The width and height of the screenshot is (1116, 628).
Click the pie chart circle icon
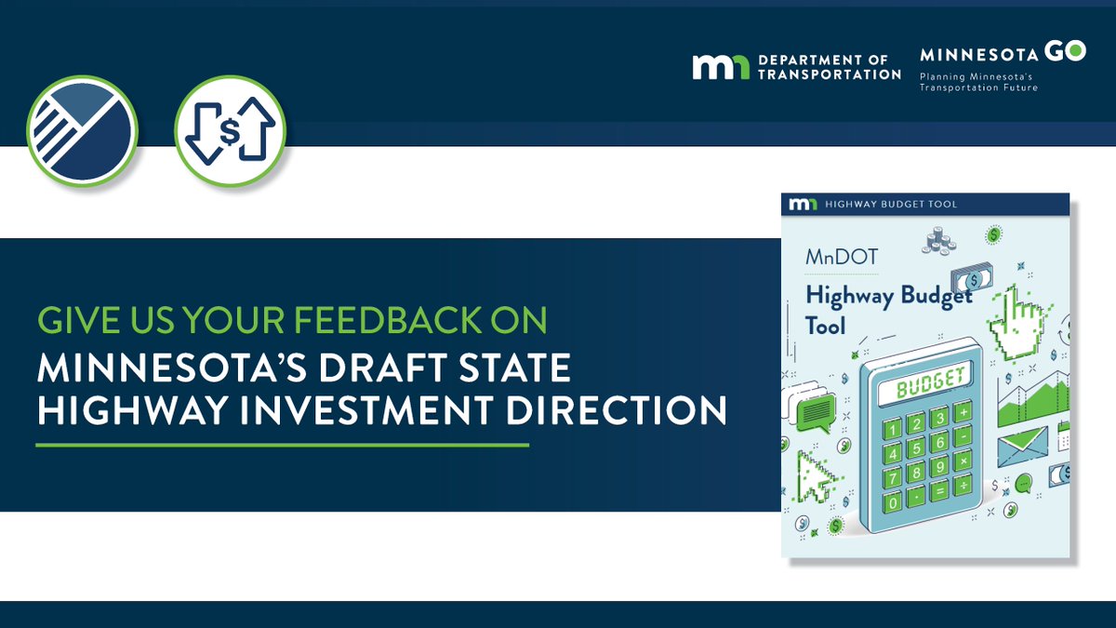click(x=82, y=130)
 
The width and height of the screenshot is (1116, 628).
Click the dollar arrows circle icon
click(x=230, y=130)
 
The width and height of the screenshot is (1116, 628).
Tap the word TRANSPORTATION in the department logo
click(x=830, y=74)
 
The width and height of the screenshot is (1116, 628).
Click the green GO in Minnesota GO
click(x=1065, y=53)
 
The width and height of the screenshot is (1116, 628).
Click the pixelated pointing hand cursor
click(x=1016, y=322)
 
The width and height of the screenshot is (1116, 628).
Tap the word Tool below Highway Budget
click(x=825, y=326)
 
